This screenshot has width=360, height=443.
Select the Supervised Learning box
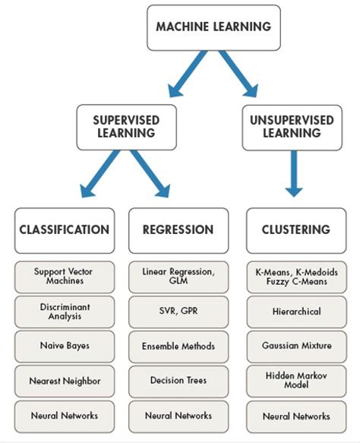coord(125,127)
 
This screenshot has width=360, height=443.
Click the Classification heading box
coord(65,230)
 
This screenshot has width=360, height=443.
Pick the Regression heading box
coord(178,230)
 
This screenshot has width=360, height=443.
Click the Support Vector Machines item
coord(65,277)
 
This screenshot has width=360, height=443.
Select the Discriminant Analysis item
coord(65,312)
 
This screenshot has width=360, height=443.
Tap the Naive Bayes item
coord(65,346)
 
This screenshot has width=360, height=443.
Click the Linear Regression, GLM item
coord(178,277)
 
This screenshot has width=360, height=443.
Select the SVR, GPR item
coord(178,312)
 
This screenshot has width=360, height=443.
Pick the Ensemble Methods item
coord(178,346)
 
